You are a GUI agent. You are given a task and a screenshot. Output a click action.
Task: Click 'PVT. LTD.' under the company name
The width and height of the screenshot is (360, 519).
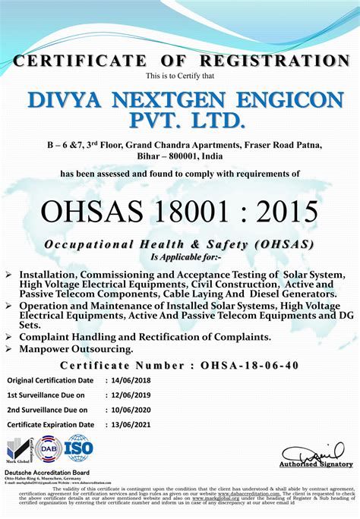180,121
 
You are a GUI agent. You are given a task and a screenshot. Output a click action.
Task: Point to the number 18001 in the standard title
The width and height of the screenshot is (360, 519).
183,211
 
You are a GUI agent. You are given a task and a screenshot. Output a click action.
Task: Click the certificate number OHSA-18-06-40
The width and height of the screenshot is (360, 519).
250,365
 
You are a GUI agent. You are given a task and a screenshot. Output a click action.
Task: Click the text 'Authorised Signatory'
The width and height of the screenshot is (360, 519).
316,464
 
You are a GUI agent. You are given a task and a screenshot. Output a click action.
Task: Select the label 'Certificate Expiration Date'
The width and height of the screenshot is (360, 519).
51,425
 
